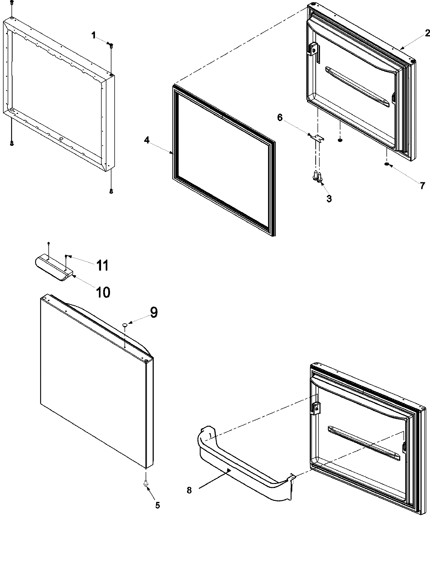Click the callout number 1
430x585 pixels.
94,35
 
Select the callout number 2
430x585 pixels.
427,33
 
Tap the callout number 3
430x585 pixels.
329,198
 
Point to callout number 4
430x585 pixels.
147,140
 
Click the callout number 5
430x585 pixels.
157,505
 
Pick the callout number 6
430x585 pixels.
280,117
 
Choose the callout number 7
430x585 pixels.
422,186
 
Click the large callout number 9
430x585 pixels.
153,312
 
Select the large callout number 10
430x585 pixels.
103,292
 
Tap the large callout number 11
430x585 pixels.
102,265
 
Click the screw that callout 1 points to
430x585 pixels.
111,45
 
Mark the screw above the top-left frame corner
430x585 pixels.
11,3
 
